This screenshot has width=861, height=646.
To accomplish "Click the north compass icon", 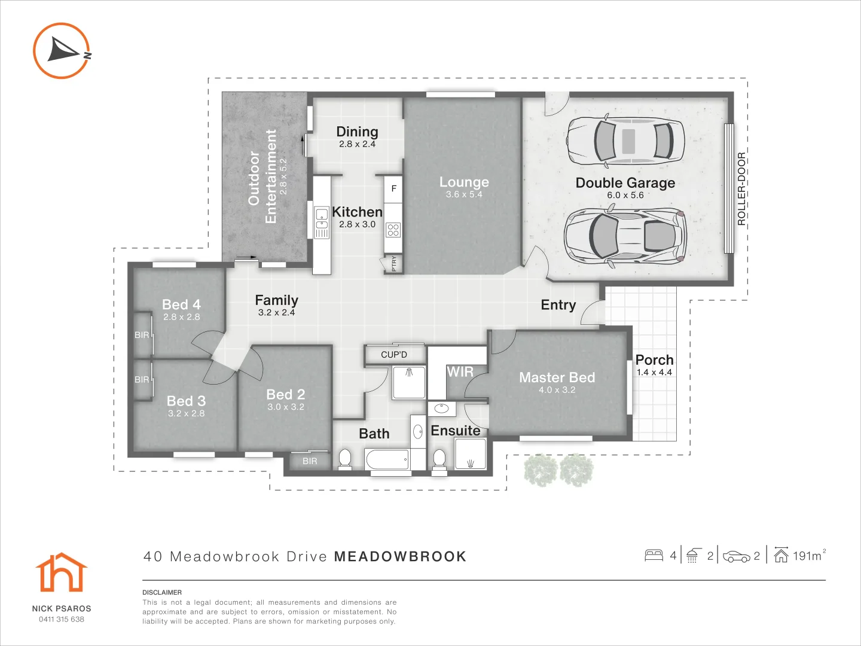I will tap(62, 51).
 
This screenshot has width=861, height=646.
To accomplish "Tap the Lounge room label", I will tap(464, 182).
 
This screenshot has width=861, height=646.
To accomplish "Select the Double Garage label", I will tap(625, 183).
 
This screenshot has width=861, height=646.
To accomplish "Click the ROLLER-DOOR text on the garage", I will tap(741, 188).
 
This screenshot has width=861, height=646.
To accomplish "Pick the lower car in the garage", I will tap(625, 236).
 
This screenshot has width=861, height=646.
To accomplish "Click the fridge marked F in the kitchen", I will tap(393, 188).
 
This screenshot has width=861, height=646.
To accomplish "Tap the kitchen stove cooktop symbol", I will tap(393, 230).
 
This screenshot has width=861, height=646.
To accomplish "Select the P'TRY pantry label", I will tap(393, 263).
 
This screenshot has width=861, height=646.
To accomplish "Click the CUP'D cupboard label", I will tap(394, 355).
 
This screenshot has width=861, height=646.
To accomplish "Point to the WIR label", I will tap(460, 372).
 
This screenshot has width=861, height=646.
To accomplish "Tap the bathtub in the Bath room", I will tap(387, 459).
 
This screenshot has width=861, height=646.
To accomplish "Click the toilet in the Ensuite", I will tap(439, 459).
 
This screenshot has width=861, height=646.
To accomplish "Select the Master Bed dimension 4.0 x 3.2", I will tap(557, 390).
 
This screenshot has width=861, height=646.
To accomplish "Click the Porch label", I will tap(654, 360).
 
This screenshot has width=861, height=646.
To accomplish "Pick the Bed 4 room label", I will tap(181, 304).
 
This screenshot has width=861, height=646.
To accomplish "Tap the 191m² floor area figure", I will tap(808, 556).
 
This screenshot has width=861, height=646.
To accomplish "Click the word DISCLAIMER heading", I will tap(162, 592).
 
